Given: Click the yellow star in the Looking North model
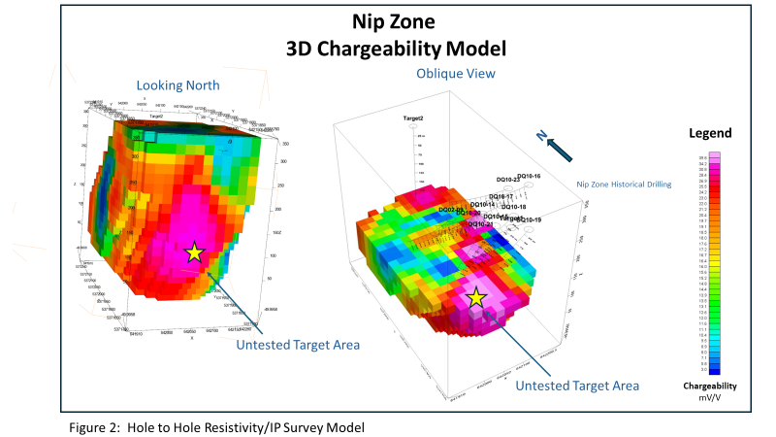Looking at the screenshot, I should (194, 252).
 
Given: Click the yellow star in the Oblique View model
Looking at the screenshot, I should (476, 298).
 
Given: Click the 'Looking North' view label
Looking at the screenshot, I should (176, 85).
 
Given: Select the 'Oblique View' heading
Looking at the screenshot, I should (455, 74).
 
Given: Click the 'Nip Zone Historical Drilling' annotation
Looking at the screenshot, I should (624, 184).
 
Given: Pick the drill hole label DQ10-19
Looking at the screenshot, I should (529, 219).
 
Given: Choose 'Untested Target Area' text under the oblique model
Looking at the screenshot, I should (577, 386).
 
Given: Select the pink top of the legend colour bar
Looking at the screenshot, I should (713, 155).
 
